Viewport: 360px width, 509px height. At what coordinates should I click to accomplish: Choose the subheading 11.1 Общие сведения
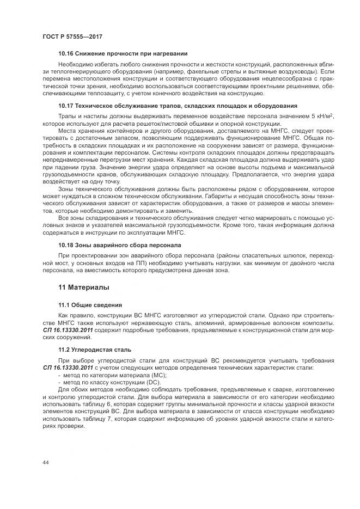click(x=90, y=305)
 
